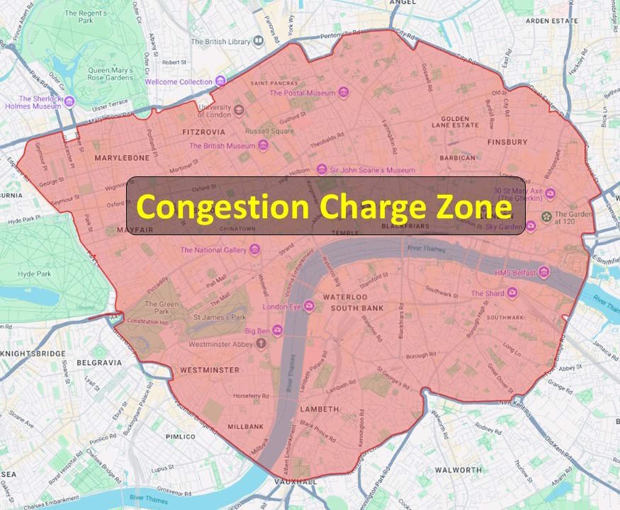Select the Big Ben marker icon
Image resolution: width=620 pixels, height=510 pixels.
pos(278,330)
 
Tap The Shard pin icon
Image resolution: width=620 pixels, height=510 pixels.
pos(512,293)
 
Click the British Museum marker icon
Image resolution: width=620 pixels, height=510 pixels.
pos(263,146)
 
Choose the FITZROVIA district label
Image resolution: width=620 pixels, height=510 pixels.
pos(204,132)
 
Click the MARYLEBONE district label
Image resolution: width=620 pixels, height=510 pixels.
pos(122,157)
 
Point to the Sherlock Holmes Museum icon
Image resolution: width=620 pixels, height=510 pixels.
pos(69,102)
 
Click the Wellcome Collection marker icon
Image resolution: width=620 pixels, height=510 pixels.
pos(220,81)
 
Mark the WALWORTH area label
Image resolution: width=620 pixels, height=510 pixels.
pos(458,470)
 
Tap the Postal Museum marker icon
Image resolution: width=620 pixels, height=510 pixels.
pos(343,93)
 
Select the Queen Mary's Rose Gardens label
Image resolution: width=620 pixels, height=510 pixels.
pos(118,74)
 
